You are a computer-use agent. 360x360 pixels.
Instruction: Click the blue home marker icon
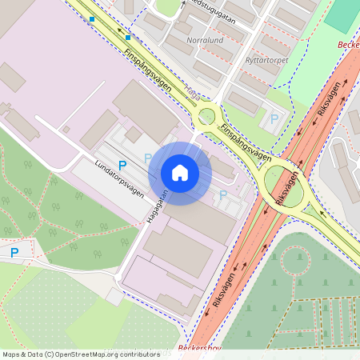(x=180, y=173)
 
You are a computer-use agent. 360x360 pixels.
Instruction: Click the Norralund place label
(x=204, y=39)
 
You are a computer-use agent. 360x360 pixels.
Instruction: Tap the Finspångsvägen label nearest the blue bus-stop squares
(x=151, y=73)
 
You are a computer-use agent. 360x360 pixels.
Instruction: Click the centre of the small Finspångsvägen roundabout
(x=207, y=116)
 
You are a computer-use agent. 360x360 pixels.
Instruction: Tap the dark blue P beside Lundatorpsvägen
(x=122, y=165)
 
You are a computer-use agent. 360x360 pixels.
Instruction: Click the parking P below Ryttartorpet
(x=274, y=118)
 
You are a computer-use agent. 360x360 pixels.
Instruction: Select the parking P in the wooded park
(x=14, y=252)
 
